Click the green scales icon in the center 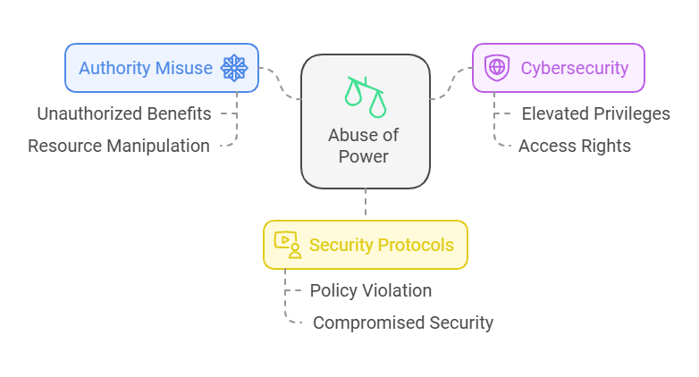click(x=365, y=96)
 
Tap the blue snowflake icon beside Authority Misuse click(x=234, y=68)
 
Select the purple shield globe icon click(x=497, y=68)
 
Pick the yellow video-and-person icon click(x=288, y=245)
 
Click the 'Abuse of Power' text click(x=363, y=146)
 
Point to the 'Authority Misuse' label click(x=146, y=68)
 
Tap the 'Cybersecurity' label click(x=575, y=68)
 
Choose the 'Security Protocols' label click(x=381, y=245)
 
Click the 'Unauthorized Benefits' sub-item click(x=124, y=113)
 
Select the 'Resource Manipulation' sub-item click(x=119, y=146)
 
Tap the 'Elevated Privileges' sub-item click(x=595, y=113)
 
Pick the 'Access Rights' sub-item click(x=574, y=146)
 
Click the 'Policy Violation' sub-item click(x=371, y=290)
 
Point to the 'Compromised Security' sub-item click(x=403, y=323)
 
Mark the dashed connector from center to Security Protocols click(x=366, y=202)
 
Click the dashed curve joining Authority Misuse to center click(x=280, y=83)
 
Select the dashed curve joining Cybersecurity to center click(x=451, y=83)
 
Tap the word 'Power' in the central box click(x=363, y=156)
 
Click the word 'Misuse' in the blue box click(x=183, y=68)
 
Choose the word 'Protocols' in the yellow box click(x=416, y=245)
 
